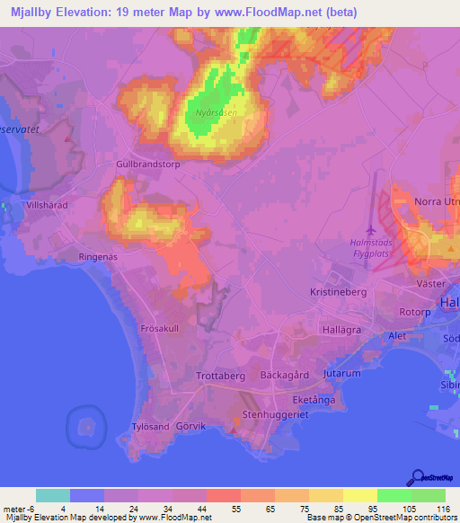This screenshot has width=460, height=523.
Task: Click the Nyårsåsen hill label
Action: click(213, 114)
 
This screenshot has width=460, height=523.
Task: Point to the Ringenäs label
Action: click(99, 257)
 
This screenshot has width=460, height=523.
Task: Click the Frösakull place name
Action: click(160, 329)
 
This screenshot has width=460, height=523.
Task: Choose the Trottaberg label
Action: click(220, 377)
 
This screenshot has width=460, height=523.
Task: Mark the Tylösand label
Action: click(150, 427)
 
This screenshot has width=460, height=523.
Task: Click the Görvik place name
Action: click(191, 427)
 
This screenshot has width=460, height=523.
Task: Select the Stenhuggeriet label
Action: click(277, 416)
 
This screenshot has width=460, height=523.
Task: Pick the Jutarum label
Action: click(342, 372)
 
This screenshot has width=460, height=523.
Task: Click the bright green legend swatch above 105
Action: click(394, 495)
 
